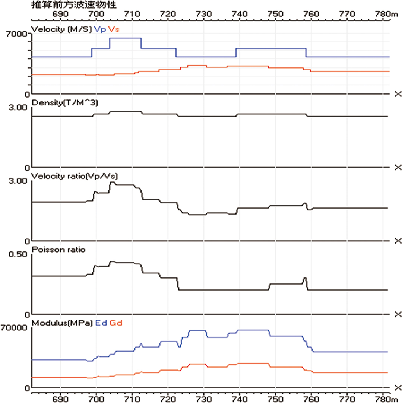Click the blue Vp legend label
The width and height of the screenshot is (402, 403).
pyautogui.click(x=100, y=29)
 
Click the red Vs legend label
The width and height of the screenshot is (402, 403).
pyautogui.click(x=114, y=29)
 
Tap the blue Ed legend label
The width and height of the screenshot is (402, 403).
pyautogui.click(x=101, y=323)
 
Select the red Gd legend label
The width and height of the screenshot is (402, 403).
pyautogui.click(x=116, y=323)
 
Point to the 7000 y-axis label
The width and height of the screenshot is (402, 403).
pyautogui.click(x=17, y=34)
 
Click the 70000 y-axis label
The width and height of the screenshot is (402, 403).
pyautogui.click(x=14, y=328)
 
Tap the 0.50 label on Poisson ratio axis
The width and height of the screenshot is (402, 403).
pyautogui.click(x=18, y=254)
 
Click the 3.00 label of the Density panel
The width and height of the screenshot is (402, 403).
pyautogui.click(x=18, y=107)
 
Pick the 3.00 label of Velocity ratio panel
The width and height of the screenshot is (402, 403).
pyautogui.click(x=18, y=181)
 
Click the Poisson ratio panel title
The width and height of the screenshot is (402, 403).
pyautogui.click(x=58, y=250)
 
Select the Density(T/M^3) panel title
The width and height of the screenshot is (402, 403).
pyautogui.click(x=65, y=103)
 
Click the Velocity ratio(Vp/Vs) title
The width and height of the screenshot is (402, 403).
pyautogui.click(x=75, y=176)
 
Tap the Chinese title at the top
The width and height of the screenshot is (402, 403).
pyautogui.click(x=74, y=4)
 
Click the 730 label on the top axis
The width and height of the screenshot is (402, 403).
pyautogui.click(x=203, y=14)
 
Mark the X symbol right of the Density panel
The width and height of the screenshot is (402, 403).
pyautogui.click(x=398, y=168)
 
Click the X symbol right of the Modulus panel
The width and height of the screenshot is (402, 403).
pyautogui.click(x=398, y=388)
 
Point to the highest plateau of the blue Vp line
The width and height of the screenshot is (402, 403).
pyautogui.click(x=126, y=38)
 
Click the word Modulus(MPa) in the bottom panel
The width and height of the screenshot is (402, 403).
pyautogui.click(x=62, y=323)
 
